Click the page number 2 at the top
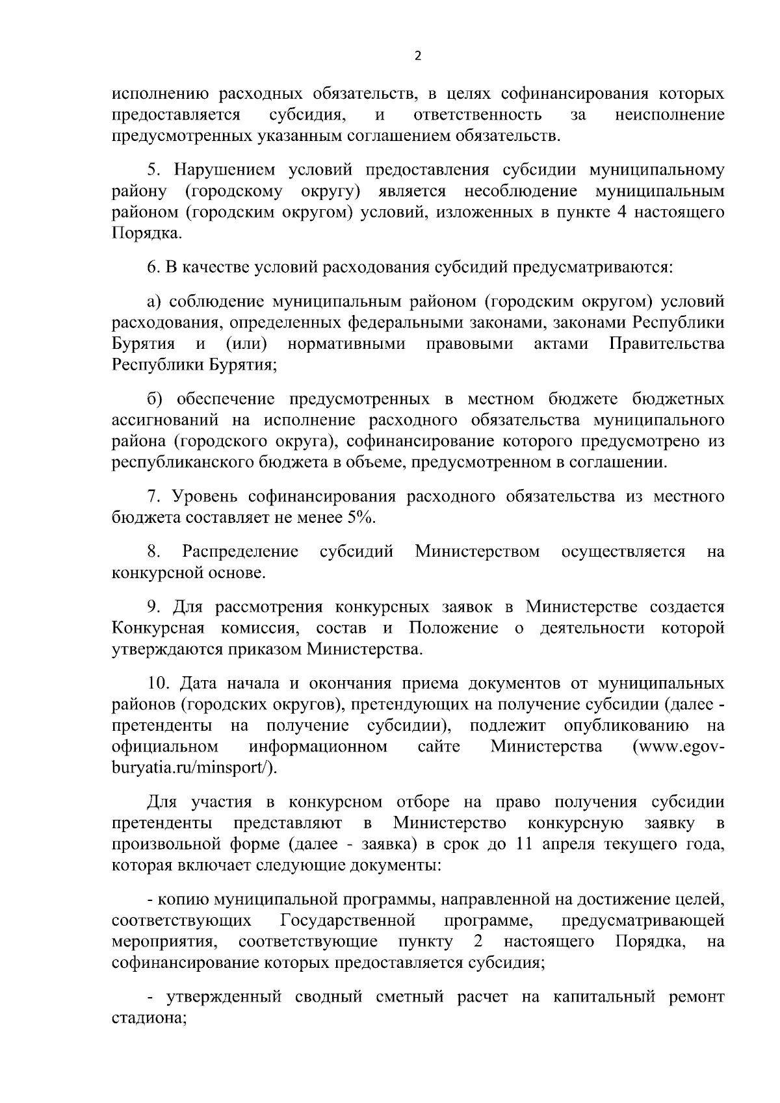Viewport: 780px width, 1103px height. [x=417, y=56]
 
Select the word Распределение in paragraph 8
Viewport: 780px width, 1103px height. [x=240, y=552]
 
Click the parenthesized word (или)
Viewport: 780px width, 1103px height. [x=247, y=344]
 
